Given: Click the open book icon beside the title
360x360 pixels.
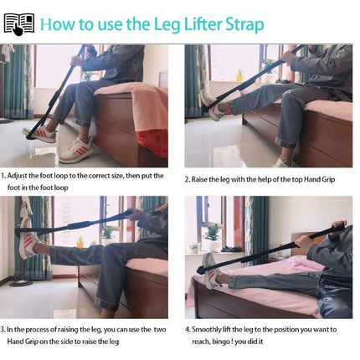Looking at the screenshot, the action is click(19, 24).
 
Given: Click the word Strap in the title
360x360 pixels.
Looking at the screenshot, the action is click(244, 25).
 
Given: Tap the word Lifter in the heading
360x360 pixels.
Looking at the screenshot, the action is click(203, 24).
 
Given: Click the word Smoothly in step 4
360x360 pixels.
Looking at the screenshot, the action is click(206, 330).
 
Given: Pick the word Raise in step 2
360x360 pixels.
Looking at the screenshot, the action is click(199, 179).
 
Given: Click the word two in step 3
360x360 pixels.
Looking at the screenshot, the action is click(160, 330).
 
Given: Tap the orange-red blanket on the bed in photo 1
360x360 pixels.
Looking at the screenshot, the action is click(151, 141).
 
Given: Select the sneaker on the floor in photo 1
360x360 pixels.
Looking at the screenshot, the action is click(76, 150).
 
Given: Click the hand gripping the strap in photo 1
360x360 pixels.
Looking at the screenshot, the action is click(76, 59).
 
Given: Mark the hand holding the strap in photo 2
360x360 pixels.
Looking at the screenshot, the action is click(287, 57).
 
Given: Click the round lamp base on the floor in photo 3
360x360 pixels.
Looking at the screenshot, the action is click(21, 283).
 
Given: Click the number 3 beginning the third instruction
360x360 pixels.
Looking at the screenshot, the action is click(3, 330).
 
